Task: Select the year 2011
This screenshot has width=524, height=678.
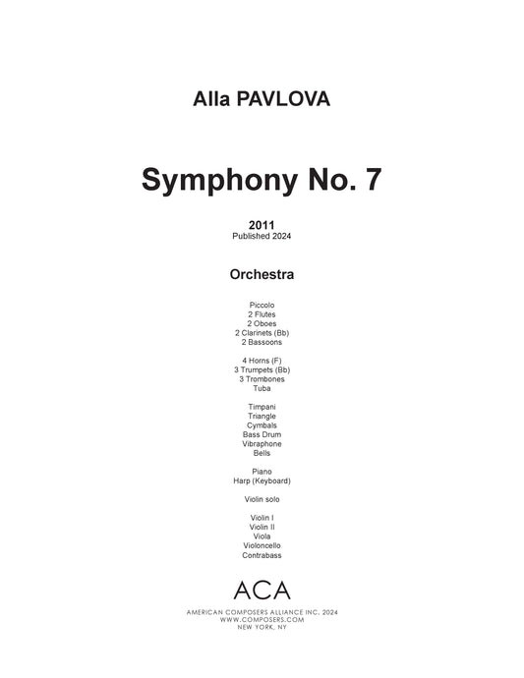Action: pyautogui.click(x=262, y=225)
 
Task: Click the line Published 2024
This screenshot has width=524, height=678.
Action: pyautogui.click(x=262, y=236)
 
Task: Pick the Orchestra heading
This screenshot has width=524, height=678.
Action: pyautogui.click(x=262, y=274)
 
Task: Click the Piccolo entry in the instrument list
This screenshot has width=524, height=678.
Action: pyautogui.click(x=262, y=306)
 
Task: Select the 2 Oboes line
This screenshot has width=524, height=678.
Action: pyautogui.click(x=262, y=323)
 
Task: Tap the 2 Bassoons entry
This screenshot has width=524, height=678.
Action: pyautogui.click(x=262, y=342)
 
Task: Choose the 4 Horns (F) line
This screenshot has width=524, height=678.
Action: pyautogui.click(x=262, y=361)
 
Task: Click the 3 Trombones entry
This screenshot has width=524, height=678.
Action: pyautogui.click(x=262, y=379)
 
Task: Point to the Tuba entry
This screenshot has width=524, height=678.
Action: pyautogui.click(x=262, y=388)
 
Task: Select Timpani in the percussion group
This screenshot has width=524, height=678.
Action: pyautogui.click(x=262, y=407)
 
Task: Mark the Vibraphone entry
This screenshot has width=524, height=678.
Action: pyautogui.click(x=262, y=444)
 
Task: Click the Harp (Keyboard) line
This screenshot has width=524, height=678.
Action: pyautogui.click(x=262, y=480)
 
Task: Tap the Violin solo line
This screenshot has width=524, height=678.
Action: pyautogui.click(x=262, y=499)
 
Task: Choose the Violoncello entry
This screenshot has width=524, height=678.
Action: pyautogui.click(x=262, y=545)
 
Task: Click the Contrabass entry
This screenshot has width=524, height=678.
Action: pyautogui.click(x=262, y=555)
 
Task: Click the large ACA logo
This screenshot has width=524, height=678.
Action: pyautogui.click(x=262, y=590)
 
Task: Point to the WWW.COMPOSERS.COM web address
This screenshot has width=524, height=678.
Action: pyautogui.click(x=262, y=620)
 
